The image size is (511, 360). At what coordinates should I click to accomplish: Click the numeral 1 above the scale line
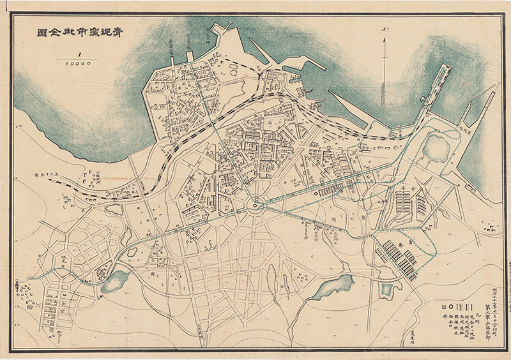click(x=80, y=54)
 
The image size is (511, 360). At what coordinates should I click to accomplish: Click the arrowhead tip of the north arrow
click(x=384, y=40)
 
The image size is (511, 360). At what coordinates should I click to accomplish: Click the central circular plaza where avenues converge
click(x=256, y=205)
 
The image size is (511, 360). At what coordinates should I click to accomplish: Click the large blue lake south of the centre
click(x=335, y=287)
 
